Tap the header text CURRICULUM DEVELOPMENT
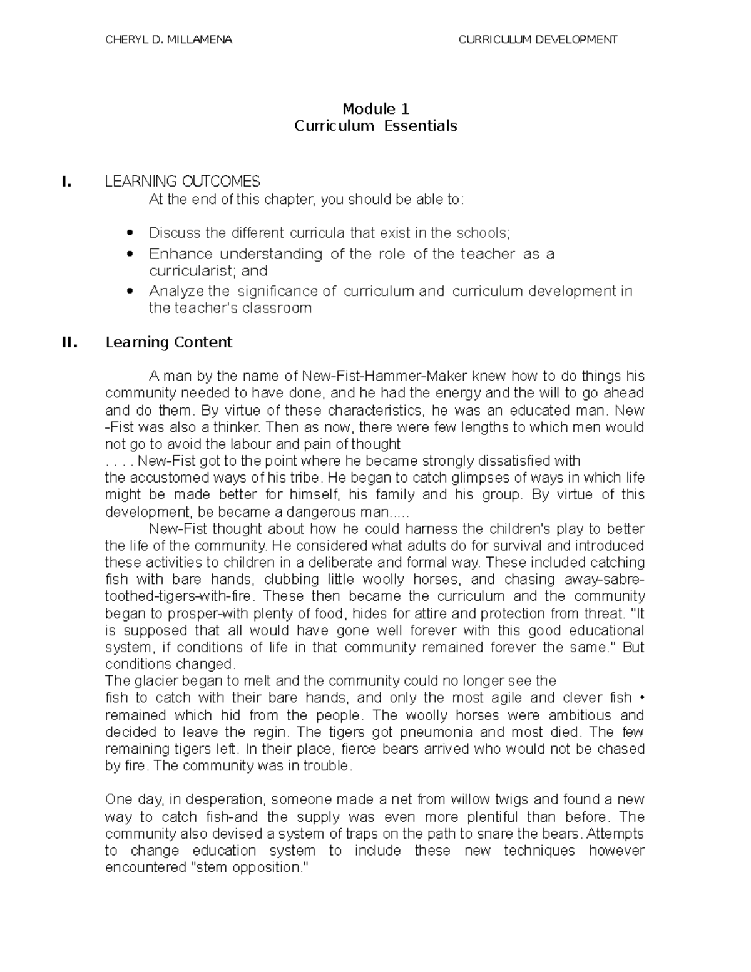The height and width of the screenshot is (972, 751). [x=538, y=39]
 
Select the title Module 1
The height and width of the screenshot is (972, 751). [x=375, y=109]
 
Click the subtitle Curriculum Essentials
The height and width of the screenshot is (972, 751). [x=375, y=126]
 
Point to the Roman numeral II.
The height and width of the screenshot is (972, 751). [x=69, y=342]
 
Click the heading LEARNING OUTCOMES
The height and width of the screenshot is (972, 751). [x=182, y=182]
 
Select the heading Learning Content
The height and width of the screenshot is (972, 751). [x=169, y=342]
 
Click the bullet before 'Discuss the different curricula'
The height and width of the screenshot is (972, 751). [x=130, y=233]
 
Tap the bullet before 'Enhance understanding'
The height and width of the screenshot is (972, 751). [x=130, y=255]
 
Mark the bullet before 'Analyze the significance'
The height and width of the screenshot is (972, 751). [x=130, y=292]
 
